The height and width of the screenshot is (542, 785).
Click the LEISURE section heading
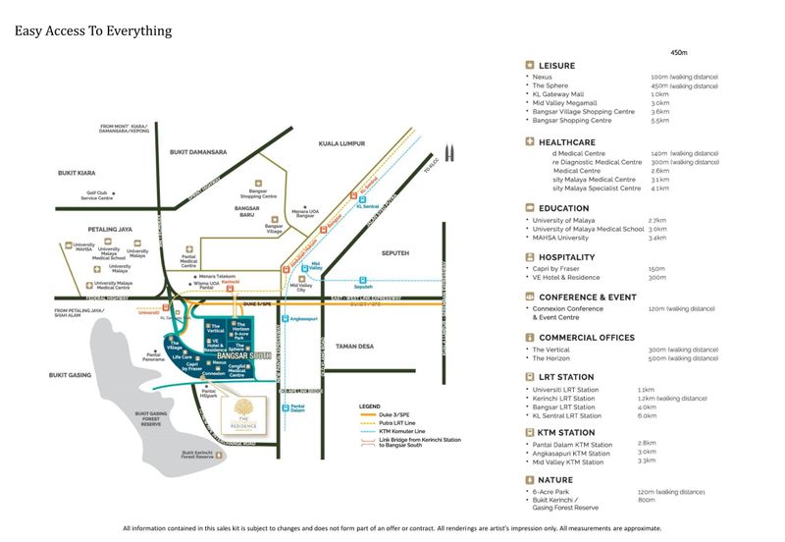[556, 66]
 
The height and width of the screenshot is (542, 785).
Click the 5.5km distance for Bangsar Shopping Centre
[659, 120]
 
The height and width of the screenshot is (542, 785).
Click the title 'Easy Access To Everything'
[93, 30]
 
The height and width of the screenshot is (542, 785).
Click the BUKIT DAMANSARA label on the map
[198, 152]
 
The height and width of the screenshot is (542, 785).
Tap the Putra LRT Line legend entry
[388, 423]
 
